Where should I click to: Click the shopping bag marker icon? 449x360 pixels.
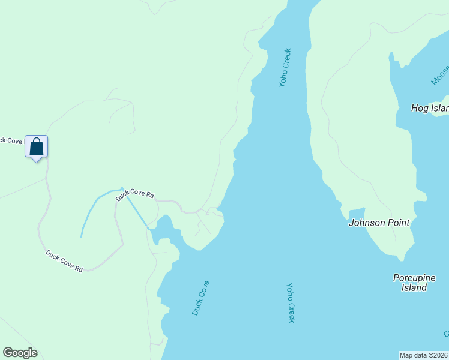[x=36, y=146]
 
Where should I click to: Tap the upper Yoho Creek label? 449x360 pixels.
[x=285, y=68]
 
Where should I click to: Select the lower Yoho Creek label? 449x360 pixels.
[x=291, y=302]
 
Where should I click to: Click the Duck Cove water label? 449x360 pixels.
[x=200, y=298]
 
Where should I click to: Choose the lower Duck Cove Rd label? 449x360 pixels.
[x=64, y=261]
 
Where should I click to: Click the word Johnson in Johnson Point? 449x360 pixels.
[x=367, y=223]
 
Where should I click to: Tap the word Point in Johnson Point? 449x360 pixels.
[x=398, y=223]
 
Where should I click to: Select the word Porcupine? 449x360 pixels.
[x=414, y=278]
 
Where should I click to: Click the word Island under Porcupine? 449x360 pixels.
[x=414, y=287]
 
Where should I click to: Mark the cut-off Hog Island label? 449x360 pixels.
[x=429, y=109]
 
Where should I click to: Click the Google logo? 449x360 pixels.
[x=20, y=353]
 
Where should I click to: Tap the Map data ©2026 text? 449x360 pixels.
[x=423, y=355]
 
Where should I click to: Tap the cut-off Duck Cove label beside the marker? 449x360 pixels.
[x=11, y=140]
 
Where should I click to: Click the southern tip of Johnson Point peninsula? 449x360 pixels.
[x=401, y=259]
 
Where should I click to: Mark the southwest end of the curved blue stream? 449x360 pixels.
[x=82, y=236]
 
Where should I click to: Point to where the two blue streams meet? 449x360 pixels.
[x=122, y=190]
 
